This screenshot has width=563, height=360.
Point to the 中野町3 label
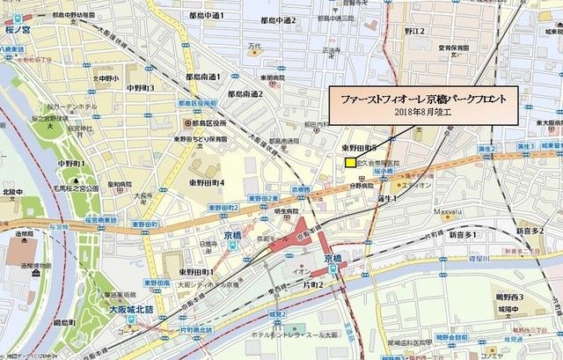(x=141, y=88)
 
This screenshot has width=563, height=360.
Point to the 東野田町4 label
(x=206, y=182)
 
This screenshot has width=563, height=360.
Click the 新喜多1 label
(x=463, y=236)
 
